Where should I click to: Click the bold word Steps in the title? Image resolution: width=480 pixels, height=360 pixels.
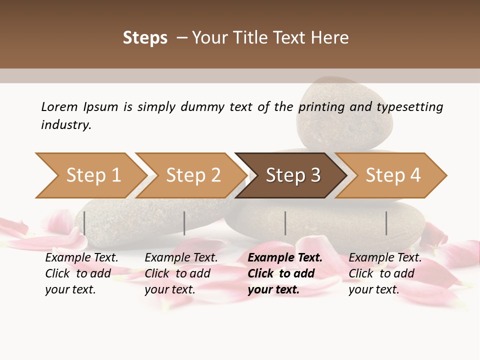(145, 38)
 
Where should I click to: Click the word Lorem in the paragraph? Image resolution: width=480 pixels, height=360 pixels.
(59, 106)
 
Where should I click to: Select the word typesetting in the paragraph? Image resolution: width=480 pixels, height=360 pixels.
(409, 107)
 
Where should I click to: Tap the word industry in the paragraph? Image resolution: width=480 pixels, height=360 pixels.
(66, 124)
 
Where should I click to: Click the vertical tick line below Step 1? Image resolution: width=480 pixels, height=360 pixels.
(84, 223)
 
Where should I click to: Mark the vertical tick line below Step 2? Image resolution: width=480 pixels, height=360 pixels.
(184, 223)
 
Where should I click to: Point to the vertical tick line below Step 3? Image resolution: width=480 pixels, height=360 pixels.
(285, 223)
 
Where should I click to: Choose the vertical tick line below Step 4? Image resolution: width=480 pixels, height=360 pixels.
(386, 223)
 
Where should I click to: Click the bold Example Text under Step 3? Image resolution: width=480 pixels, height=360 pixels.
(285, 257)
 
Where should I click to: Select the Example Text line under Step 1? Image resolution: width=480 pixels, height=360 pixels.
(81, 257)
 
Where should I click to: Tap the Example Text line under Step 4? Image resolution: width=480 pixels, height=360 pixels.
(385, 257)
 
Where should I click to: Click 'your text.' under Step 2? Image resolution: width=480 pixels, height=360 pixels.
(169, 289)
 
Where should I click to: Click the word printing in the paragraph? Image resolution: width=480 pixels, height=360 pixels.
(321, 107)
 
